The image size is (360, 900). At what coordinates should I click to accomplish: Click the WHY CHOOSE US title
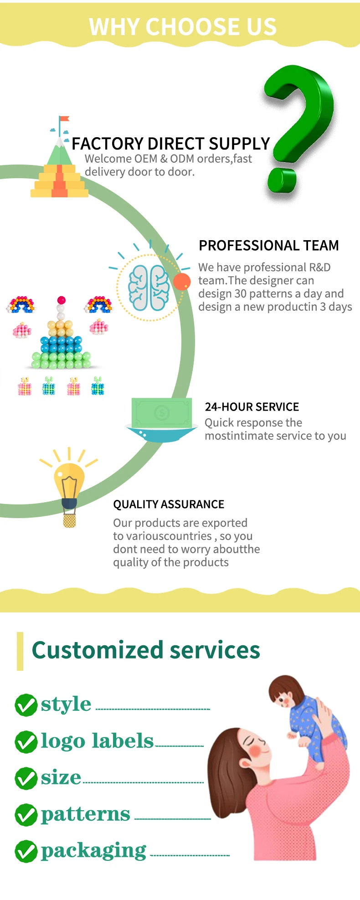(x=183, y=26)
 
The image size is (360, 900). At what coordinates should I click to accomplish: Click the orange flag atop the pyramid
(x=64, y=119)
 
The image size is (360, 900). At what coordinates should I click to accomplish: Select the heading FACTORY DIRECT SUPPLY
(x=171, y=144)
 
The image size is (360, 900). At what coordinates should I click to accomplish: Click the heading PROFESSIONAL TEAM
(x=269, y=246)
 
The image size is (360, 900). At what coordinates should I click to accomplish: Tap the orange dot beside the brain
(x=182, y=282)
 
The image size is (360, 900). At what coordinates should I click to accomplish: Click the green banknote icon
(x=161, y=413)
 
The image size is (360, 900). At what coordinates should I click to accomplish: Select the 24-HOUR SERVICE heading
(x=252, y=407)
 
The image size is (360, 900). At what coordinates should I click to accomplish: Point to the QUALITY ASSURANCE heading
(x=169, y=504)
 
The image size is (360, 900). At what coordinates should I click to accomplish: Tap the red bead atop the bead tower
(x=62, y=300)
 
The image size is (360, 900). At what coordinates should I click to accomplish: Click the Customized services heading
(x=146, y=650)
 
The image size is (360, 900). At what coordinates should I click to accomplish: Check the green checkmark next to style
(x=26, y=705)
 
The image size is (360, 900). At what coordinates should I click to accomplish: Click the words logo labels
(x=97, y=741)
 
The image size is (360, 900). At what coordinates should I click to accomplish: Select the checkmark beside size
(x=26, y=778)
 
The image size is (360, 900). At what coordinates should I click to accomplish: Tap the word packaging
(x=93, y=851)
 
